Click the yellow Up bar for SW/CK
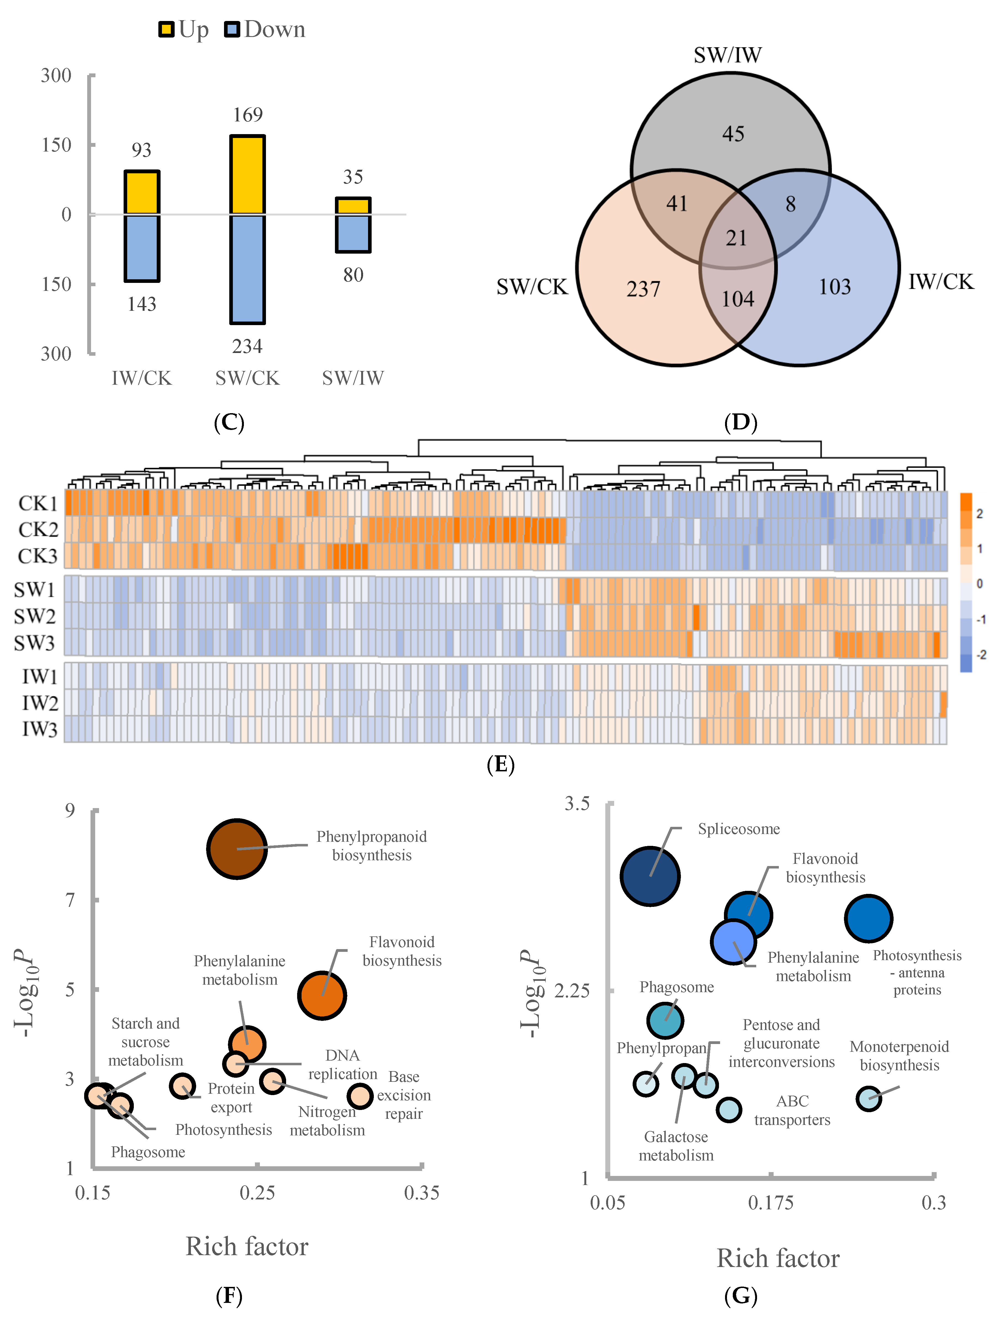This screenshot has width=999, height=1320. [x=247, y=175]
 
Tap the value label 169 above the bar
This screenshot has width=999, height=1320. [x=247, y=115]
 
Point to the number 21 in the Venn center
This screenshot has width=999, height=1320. [x=737, y=238]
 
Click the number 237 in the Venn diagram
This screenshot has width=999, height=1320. [x=644, y=290]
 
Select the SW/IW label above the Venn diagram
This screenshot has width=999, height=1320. [x=728, y=55]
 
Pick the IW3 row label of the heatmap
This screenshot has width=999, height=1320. [x=39, y=729]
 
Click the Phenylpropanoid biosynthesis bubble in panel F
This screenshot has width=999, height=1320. [x=237, y=849]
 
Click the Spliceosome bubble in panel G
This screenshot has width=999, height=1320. [x=650, y=876]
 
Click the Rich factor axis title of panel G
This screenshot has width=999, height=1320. [x=778, y=1258]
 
